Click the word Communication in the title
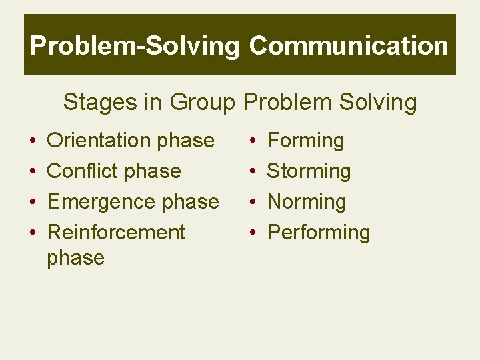click(349, 46)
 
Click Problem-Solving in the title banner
click(135, 46)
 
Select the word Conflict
click(83, 171)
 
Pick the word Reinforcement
click(116, 233)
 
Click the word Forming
click(305, 141)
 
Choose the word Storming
click(309, 171)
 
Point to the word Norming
click(306, 202)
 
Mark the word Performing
click(318, 233)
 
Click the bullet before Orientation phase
click(32, 141)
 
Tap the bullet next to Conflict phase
click(32, 172)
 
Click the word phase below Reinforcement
click(75, 258)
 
